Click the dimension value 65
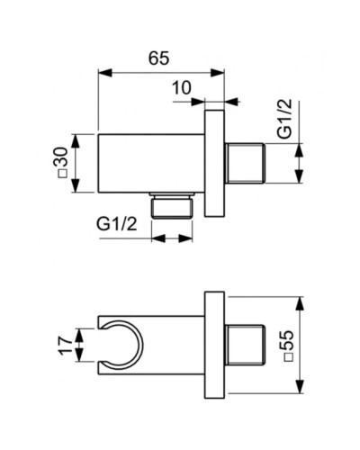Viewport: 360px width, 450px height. (158, 58)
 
